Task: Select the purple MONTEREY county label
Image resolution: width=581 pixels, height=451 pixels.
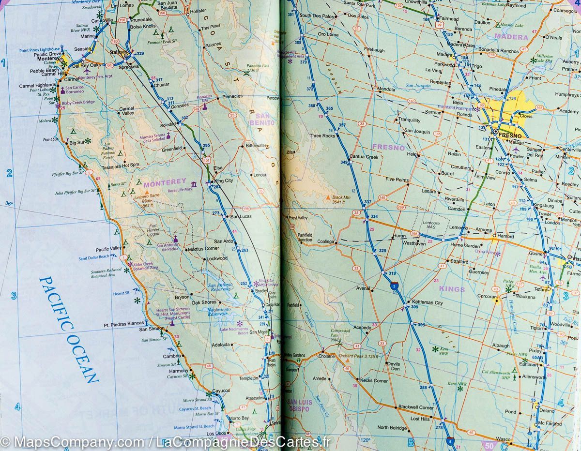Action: (165, 181)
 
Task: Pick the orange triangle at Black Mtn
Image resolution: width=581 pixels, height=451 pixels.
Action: (328, 197)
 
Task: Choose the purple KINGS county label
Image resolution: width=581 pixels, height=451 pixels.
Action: (451, 289)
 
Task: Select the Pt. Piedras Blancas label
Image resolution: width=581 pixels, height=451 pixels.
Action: (121, 324)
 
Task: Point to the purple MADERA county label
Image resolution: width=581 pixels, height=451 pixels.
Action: (511, 37)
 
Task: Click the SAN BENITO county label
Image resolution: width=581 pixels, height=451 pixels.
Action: (265, 120)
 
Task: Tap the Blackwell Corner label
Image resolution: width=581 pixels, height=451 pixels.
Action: (415, 407)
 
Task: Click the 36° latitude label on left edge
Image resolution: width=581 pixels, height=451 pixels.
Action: (9, 203)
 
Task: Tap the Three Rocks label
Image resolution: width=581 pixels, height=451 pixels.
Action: (322, 136)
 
